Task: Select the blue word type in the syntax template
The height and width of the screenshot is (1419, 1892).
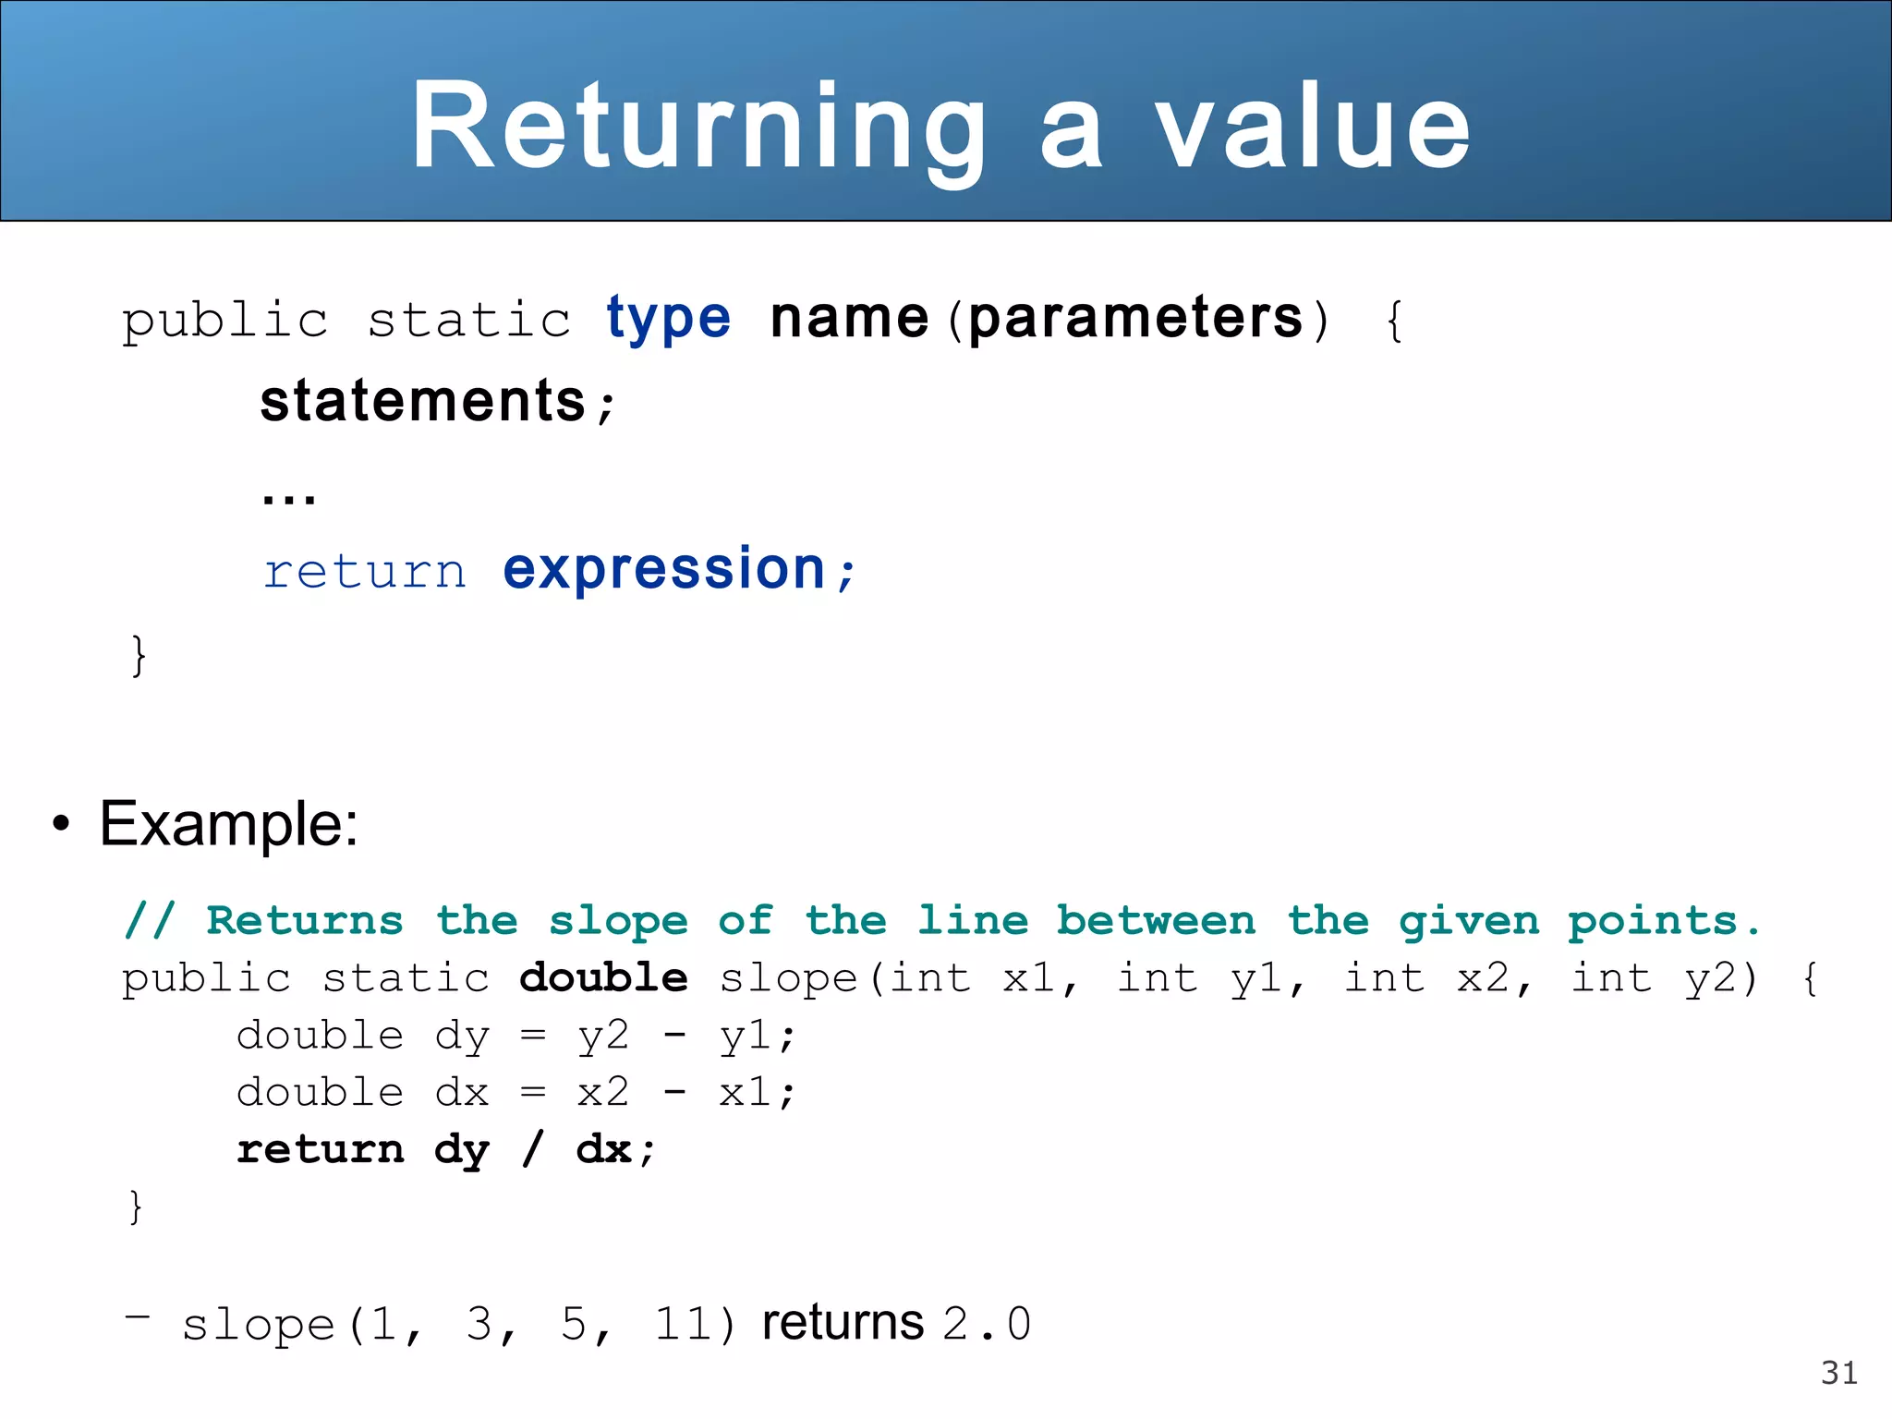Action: coord(668,320)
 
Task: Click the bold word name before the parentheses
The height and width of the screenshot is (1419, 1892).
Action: coord(849,320)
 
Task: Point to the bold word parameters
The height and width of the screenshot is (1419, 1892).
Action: coord(1135,320)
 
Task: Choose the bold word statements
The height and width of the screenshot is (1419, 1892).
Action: coord(423,402)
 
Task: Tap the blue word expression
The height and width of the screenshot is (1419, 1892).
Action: coord(663,569)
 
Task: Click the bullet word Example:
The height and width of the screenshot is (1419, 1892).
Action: coord(228,823)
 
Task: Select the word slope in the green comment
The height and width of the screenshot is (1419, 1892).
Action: coord(618,921)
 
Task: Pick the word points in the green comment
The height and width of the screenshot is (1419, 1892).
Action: coord(1653,921)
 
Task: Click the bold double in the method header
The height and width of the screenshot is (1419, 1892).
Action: coord(603,978)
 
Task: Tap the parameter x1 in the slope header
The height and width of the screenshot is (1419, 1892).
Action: coord(1029,978)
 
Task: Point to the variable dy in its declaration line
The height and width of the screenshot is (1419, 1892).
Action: coord(462,1037)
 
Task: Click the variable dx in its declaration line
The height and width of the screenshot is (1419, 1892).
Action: coord(462,1093)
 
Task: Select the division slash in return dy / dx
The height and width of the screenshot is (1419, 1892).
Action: coord(532,1149)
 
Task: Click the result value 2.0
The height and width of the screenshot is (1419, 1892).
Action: coord(987,1324)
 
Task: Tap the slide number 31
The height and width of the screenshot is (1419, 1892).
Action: coord(1838,1373)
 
